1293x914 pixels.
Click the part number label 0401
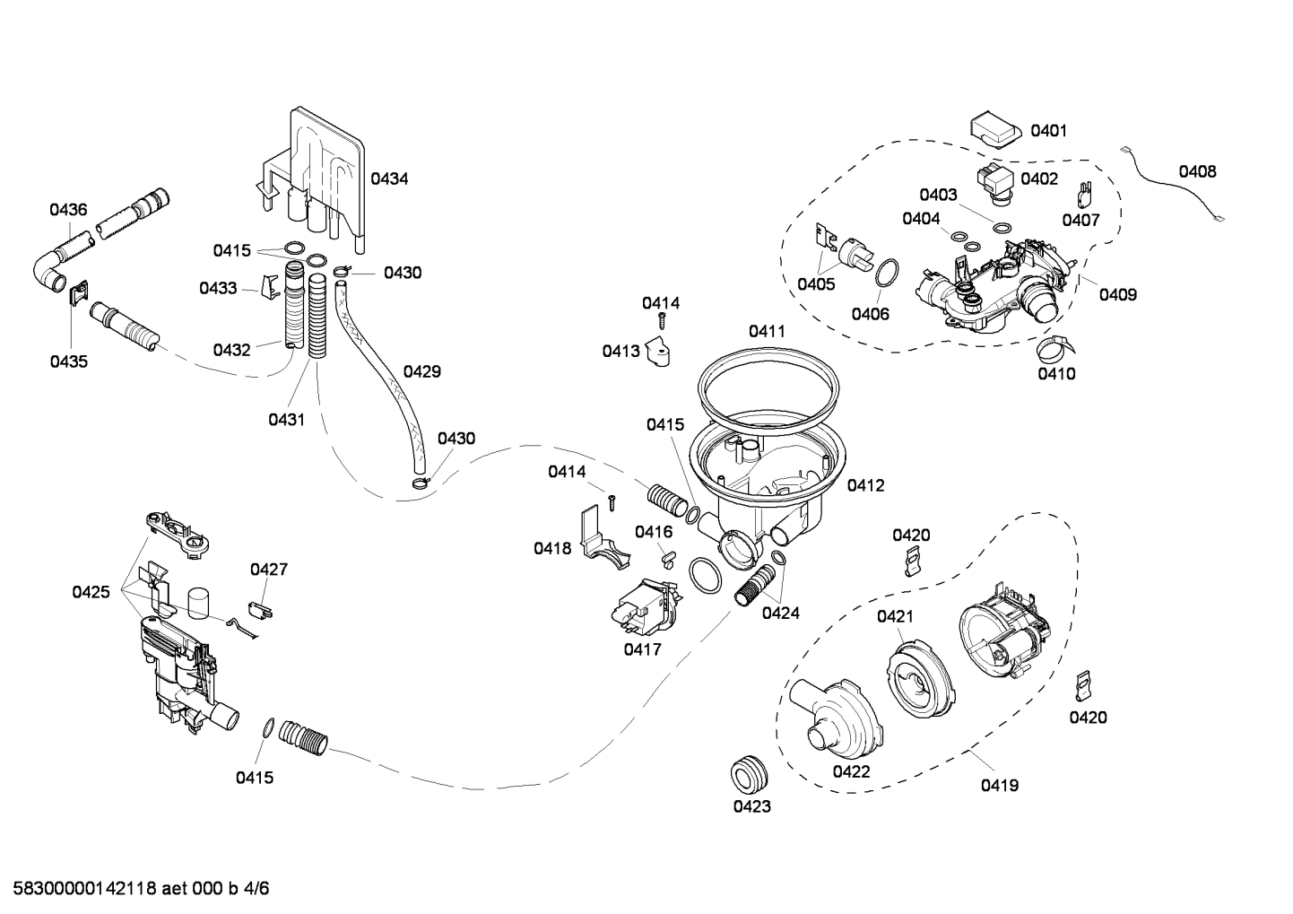point(1048,131)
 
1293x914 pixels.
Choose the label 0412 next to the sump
point(865,485)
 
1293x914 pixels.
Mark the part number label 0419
point(999,786)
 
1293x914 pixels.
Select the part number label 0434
point(389,178)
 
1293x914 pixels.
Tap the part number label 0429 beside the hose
point(421,371)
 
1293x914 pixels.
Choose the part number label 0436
point(68,210)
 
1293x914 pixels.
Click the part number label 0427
point(269,570)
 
